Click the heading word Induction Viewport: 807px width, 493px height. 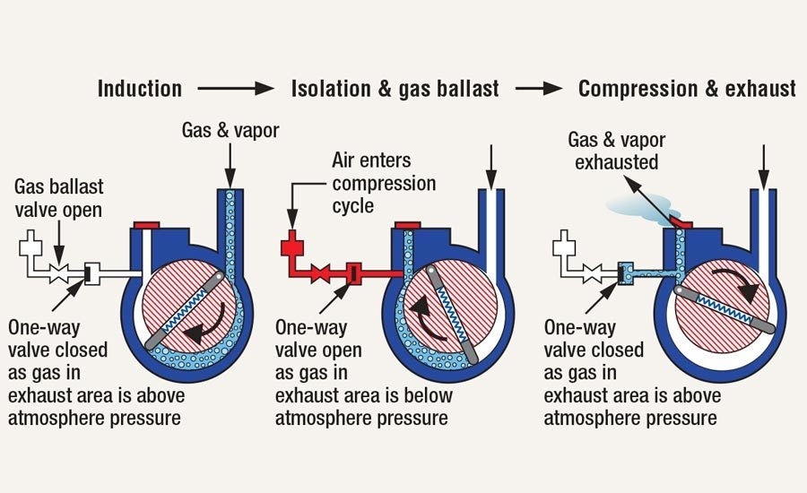pyautogui.click(x=139, y=89)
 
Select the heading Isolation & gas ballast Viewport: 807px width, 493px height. pyautogui.click(x=394, y=89)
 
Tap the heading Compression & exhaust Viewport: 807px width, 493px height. pyautogui.click(x=687, y=89)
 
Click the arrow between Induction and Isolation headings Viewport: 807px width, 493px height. pyautogui.click(x=236, y=89)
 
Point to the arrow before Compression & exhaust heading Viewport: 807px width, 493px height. pyautogui.click(x=539, y=89)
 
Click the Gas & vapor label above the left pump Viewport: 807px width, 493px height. pyautogui.click(x=230, y=131)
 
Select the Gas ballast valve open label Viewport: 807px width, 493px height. pyautogui.click(x=59, y=197)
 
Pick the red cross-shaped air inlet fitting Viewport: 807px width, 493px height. pyautogui.click(x=291, y=244)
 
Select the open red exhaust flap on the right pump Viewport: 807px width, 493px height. pyautogui.click(x=684, y=218)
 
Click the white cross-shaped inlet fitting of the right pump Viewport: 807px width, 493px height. pyautogui.click(x=565, y=244)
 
